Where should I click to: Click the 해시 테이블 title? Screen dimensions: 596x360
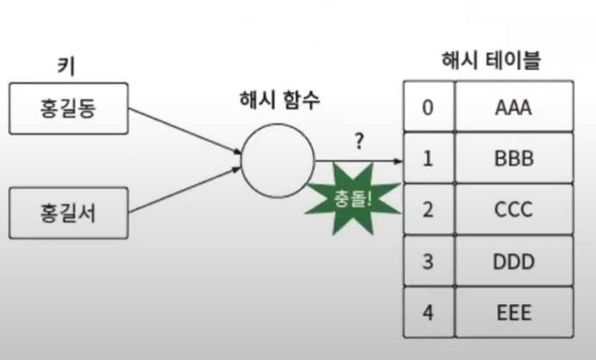(x=490, y=60)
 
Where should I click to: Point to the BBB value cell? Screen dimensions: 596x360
(x=514, y=158)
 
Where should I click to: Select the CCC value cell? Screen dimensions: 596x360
(x=514, y=210)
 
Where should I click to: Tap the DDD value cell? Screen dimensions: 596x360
(x=514, y=261)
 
